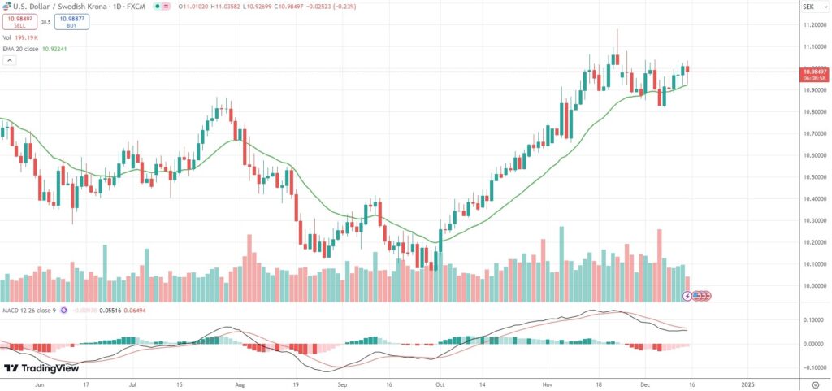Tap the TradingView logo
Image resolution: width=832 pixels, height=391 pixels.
pyautogui.click(x=42, y=368)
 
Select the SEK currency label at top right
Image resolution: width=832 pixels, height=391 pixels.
pyautogui.click(x=808, y=7)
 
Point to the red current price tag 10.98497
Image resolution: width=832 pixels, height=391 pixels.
pyautogui.click(x=814, y=72)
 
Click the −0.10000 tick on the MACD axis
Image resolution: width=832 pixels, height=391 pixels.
pyautogui.click(x=813, y=367)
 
